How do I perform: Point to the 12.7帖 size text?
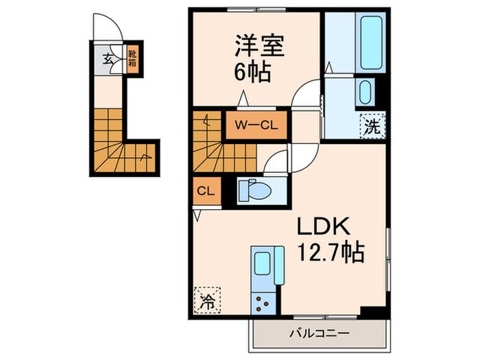pyautogui.click(x=329, y=254)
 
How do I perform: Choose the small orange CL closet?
pyautogui.click(x=205, y=191)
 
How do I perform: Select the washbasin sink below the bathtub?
pyautogui.click(x=365, y=93)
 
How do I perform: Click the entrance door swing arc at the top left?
pyautogui.click(x=110, y=27)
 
